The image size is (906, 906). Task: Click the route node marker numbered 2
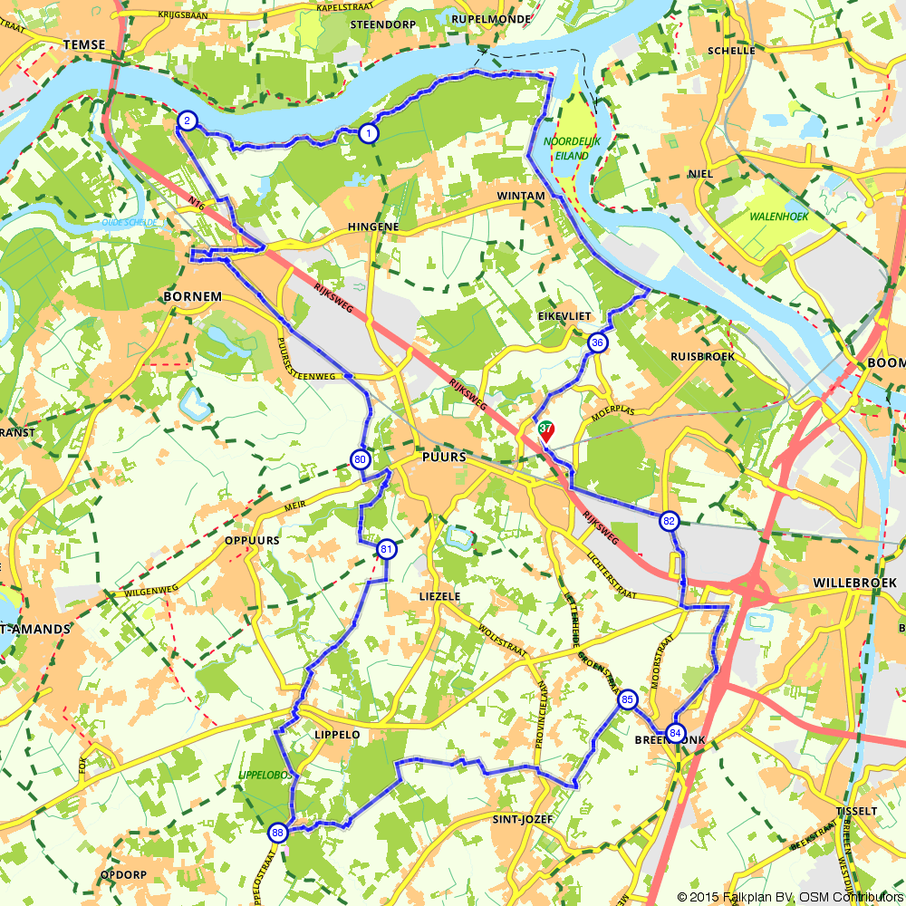coord(187,121)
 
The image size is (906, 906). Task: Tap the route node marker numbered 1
coord(368,133)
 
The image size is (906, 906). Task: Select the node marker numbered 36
coord(597,342)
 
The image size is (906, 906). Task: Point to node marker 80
coord(361,460)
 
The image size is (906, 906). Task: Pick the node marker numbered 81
coord(387,549)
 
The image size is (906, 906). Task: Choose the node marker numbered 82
coord(669,521)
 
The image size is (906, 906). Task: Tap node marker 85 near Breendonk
coord(627,700)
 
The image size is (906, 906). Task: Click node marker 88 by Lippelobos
coord(278,833)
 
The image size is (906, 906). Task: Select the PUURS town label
coord(444,458)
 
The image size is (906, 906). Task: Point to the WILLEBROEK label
coord(854,582)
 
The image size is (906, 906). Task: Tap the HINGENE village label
coord(372,227)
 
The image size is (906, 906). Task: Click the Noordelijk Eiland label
coord(566,149)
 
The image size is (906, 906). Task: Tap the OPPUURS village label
coord(251,540)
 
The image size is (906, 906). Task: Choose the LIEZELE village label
coord(440,596)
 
